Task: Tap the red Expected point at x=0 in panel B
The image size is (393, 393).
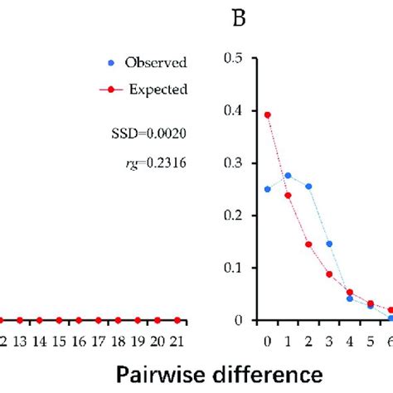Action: point(267,115)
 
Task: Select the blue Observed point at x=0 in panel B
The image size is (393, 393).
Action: point(267,189)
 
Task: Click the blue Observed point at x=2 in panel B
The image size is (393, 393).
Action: point(308,187)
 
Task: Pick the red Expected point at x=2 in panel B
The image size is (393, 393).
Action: point(308,245)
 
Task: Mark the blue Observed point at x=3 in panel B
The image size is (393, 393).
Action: point(329,244)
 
